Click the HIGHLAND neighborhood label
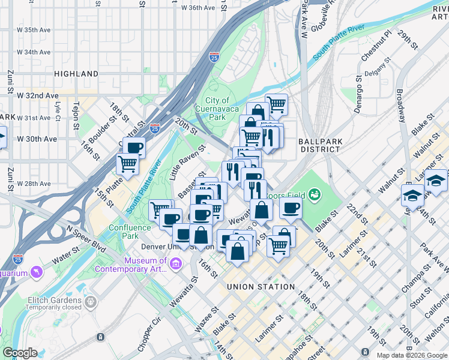point(76,74)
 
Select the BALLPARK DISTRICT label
point(321,145)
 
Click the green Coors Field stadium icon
point(313,194)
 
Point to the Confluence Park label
point(132,232)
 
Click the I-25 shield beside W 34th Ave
point(214,56)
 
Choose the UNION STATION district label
point(261,287)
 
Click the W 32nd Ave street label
point(37,95)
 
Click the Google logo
point(20,353)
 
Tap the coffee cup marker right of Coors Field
point(291,208)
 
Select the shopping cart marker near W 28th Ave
point(127,163)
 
